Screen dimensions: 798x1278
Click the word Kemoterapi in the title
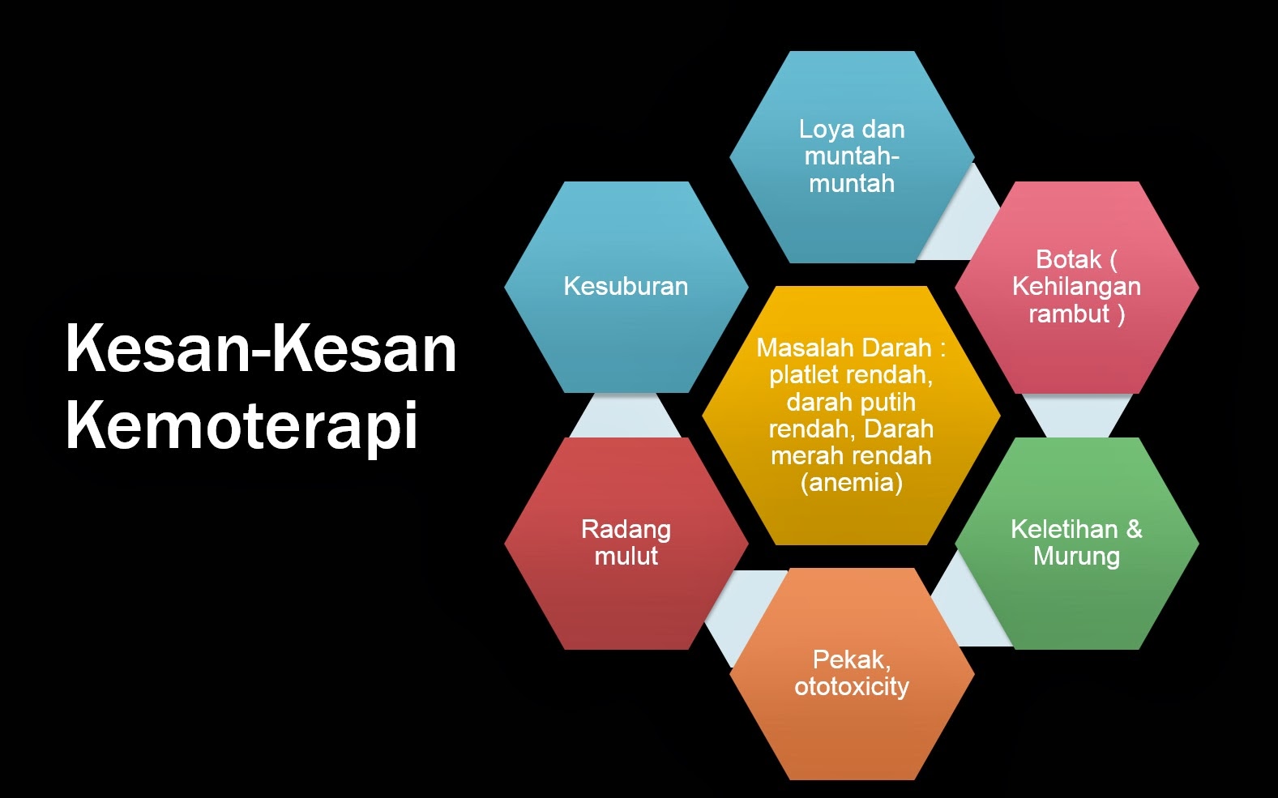pyautogui.click(x=241, y=425)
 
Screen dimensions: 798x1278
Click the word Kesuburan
pyautogui.click(x=626, y=286)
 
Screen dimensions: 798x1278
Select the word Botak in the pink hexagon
pyautogui.click(x=1068, y=259)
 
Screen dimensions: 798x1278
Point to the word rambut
pyautogui.click(x=1068, y=314)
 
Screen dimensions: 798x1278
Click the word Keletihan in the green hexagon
pyautogui.click(x=1064, y=529)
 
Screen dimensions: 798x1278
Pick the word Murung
pyautogui.click(x=1076, y=557)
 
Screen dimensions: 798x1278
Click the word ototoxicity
pyautogui.click(x=852, y=687)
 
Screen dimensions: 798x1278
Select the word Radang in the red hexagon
pyautogui.click(x=626, y=529)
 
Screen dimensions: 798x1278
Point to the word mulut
pyautogui.click(x=626, y=557)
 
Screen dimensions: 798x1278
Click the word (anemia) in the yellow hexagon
pyautogui.click(x=851, y=483)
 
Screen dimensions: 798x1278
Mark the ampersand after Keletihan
pyautogui.click(x=1134, y=529)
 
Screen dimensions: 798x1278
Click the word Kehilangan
pyautogui.click(x=1076, y=286)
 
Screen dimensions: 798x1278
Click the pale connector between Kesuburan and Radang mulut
pyautogui.click(x=626, y=416)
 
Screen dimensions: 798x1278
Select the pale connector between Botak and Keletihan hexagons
pyautogui.click(x=1077, y=416)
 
